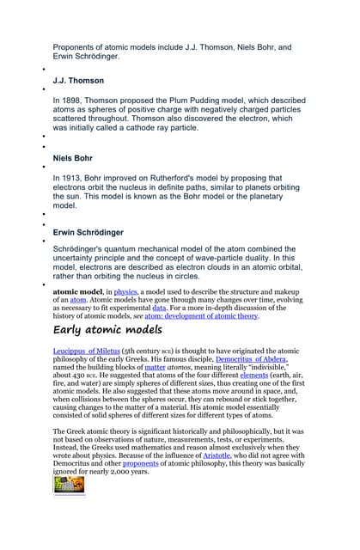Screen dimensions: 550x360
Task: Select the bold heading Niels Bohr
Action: tap(75, 159)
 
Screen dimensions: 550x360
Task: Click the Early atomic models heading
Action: tap(107, 331)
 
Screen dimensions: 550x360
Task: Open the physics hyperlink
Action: tap(125, 291)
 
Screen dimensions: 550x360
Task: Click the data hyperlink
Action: tap(159, 307)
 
